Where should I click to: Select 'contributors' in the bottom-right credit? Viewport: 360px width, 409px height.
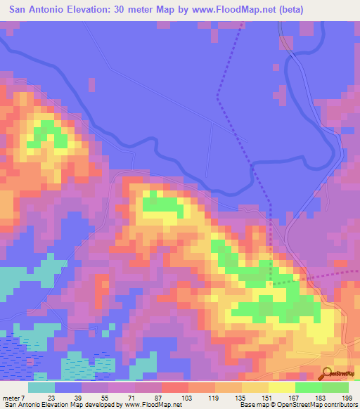340,404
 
